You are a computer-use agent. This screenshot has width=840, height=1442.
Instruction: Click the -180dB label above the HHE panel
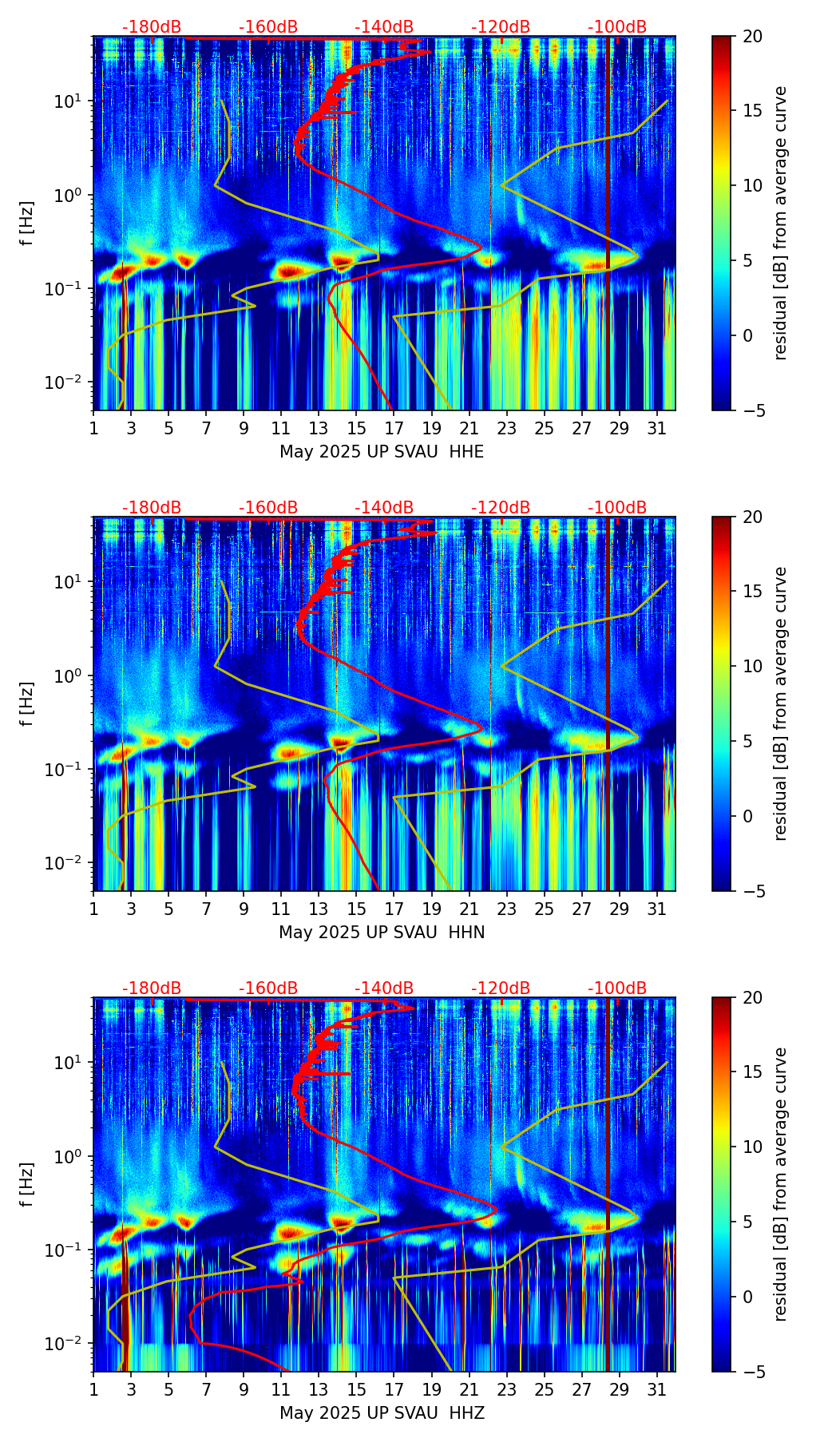(x=152, y=27)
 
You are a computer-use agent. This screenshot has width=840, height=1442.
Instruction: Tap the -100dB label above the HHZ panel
(x=617, y=988)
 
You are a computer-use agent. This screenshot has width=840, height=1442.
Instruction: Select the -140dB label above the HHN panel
(x=384, y=508)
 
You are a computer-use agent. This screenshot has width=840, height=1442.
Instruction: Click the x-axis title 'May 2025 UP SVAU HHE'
(x=382, y=452)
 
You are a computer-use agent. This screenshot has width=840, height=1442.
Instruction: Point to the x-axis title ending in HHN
(x=382, y=933)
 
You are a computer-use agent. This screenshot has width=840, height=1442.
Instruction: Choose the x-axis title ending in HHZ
(x=382, y=1413)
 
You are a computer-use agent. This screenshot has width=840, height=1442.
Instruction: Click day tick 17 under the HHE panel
(x=394, y=428)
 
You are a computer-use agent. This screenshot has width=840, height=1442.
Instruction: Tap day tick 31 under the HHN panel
(x=657, y=909)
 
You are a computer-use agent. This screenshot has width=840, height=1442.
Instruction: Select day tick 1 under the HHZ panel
(x=94, y=1389)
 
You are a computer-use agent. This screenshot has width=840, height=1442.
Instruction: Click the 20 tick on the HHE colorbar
(x=751, y=36)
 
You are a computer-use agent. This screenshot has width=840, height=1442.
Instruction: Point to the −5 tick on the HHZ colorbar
(x=751, y=1372)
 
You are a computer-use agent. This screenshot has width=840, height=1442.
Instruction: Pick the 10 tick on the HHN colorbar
(x=751, y=666)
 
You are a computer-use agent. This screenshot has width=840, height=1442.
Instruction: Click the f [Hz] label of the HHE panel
(x=26, y=224)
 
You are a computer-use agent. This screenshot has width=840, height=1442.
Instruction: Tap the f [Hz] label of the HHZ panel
(x=26, y=1185)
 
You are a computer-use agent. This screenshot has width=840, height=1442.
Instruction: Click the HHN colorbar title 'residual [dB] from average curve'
(x=781, y=703)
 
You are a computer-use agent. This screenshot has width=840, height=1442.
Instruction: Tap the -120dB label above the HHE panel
(x=501, y=27)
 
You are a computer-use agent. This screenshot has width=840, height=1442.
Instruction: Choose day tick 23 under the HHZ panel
(x=507, y=1389)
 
